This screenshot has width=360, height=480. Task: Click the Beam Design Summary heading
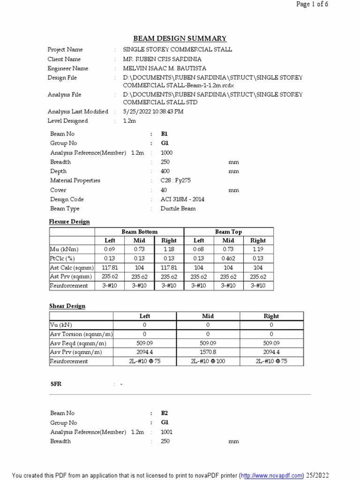coord(180,38)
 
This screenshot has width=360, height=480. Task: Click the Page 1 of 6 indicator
coord(312,5)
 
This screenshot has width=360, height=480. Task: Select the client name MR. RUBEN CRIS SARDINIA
coord(162,59)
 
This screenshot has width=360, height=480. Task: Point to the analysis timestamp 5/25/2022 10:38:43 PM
coord(153,112)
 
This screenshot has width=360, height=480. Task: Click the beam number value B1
coord(164,134)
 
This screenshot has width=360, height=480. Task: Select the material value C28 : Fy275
coord(176,180)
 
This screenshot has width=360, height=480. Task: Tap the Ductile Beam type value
coord(178,209)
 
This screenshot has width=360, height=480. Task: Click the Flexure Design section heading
coord(69,222)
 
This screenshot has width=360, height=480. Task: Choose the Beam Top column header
coord(228,232)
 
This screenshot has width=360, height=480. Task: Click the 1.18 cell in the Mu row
coord(169,249)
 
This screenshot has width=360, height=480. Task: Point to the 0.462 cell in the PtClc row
coord(228,258)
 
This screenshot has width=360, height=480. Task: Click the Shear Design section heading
coord(67,306)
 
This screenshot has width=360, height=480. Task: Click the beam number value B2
coord(164,413)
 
